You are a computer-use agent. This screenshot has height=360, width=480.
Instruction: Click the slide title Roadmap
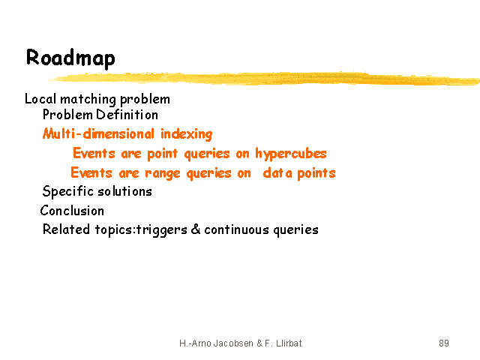click(x=70, y=58)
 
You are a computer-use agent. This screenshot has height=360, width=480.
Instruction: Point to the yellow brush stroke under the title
click(x=264, y=78)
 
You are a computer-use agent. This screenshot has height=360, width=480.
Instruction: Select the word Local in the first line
click(x=40, y=99)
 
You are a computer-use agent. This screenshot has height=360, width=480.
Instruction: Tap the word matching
click(x=88, y=100)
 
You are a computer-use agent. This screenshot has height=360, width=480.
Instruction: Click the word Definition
click(x=127, y=115)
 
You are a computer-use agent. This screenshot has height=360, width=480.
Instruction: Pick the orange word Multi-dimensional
click(x=98, y=133)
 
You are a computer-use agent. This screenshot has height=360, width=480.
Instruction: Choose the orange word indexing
click(x=187, y=134)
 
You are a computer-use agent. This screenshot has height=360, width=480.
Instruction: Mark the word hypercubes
click(x=291, y=154)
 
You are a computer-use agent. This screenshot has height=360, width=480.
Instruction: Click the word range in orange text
click(x=163, y=173)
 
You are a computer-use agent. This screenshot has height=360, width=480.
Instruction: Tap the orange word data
click(x=277, y=172)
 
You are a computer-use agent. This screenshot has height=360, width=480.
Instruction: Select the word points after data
click(x=316, y=173)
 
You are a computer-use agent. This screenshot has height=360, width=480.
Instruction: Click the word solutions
click(x=124, y=191)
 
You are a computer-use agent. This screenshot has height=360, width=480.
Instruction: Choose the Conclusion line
click(x=72, y=211)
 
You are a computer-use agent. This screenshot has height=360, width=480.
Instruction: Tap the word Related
click(x=66, y=229)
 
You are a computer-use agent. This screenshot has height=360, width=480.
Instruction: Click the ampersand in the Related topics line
click(x=196, y=229)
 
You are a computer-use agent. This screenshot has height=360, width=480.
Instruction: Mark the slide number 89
click(x=444, y=343)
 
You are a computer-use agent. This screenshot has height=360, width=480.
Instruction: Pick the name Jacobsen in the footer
click(x=233, y=343)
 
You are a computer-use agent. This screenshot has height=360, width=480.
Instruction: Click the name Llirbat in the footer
click(x=289, y=343)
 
